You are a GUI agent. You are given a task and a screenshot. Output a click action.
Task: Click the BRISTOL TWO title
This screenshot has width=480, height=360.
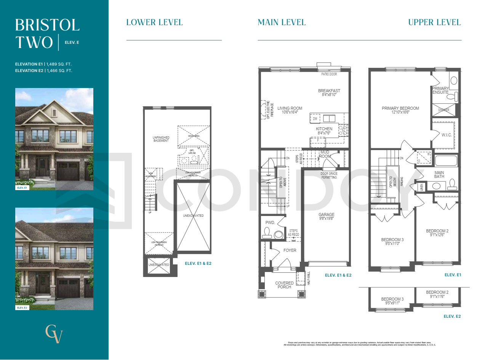[47, 34]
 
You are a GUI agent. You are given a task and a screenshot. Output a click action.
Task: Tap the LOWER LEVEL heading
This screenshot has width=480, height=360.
[154, 22]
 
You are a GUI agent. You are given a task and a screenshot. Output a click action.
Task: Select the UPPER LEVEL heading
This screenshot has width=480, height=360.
[434, 22]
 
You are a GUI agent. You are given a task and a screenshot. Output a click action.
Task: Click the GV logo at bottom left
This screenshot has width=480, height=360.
[54, 334]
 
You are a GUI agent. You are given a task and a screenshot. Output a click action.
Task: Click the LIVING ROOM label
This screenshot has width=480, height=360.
[290, 108]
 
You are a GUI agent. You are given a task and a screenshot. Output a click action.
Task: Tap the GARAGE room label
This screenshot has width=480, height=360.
[326, 214]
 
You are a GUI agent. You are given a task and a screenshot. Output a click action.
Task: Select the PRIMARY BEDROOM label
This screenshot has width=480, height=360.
[400, 108]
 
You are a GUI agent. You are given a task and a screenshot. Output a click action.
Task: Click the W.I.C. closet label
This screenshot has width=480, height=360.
[446, 134]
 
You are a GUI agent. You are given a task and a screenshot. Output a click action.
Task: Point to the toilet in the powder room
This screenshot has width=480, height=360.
[267, 232]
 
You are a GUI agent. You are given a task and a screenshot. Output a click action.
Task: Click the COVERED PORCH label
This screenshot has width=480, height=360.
[284, 285]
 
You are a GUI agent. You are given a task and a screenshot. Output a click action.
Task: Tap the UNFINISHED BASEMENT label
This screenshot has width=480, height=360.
[161, 139]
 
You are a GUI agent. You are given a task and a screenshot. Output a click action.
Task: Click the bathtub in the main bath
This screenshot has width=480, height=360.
[446, 160]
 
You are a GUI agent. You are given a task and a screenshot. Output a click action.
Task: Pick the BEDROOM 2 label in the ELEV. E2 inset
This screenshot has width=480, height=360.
[437, 292]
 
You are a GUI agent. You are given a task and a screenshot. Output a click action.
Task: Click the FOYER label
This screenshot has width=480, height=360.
[290, 250]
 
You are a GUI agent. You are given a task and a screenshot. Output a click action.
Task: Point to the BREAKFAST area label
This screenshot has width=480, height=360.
[329, 91]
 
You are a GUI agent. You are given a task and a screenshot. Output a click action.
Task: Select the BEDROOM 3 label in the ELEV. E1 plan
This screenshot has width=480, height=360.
[392, 240]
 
